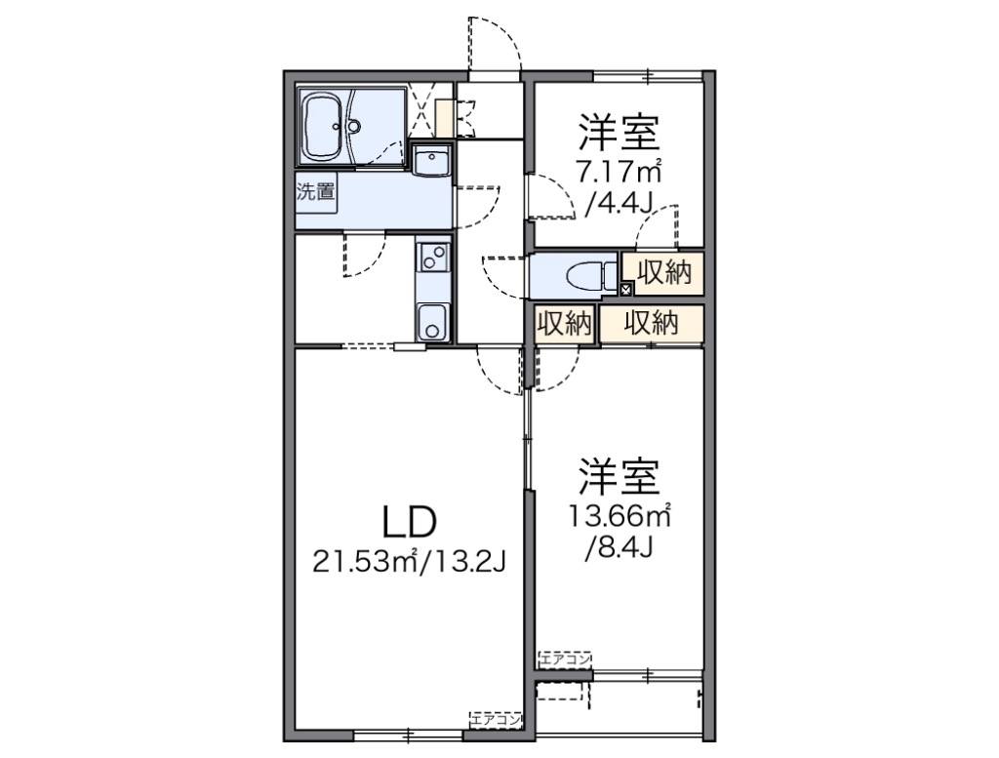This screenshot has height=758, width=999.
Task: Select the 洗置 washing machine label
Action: [314, 190]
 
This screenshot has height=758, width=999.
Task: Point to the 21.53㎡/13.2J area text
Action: [408, 563]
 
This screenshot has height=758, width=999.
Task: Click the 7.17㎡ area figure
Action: [619, 173]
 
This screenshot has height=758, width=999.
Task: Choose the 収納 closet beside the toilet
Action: [663, 273]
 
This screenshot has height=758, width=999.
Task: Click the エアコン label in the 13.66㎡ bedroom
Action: [565, 658]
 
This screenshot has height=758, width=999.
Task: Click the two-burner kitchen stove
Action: [432, 259]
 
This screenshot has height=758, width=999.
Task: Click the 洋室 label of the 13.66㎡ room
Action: [619, 477]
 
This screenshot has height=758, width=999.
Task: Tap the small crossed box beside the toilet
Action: [625, 288]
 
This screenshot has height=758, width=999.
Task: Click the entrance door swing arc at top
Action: [493, 44]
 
